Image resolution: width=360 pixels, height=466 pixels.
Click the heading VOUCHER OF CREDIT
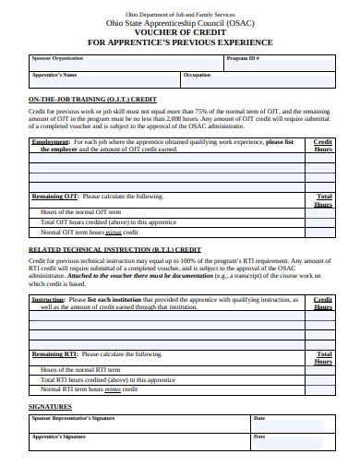click(x=180, y=31)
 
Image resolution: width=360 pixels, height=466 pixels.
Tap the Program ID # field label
click(x=242, y=57)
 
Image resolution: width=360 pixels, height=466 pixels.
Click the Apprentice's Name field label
click(x=54, y=74)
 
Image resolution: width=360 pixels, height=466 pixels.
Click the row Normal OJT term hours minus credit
click(x=93, y=233)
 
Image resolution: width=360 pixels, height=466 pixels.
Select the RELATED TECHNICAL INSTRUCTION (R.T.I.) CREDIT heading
click(x=114, y=249)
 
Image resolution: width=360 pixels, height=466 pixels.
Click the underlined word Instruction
click(x=48, y=300)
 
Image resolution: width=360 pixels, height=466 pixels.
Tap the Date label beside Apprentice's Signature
click(x=259, y=436)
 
